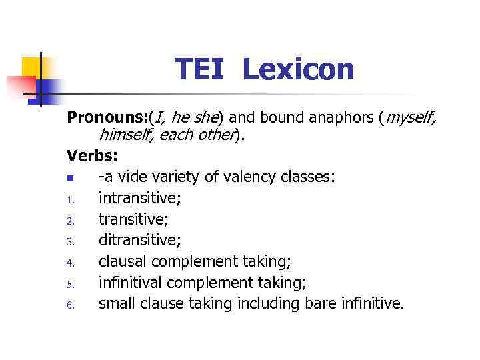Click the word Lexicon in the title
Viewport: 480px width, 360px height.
coord(298,69)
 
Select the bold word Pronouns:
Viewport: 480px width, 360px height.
coord(108,119)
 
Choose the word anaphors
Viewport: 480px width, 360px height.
coord(338,119)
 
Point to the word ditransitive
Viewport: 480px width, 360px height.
coord(138,240)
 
